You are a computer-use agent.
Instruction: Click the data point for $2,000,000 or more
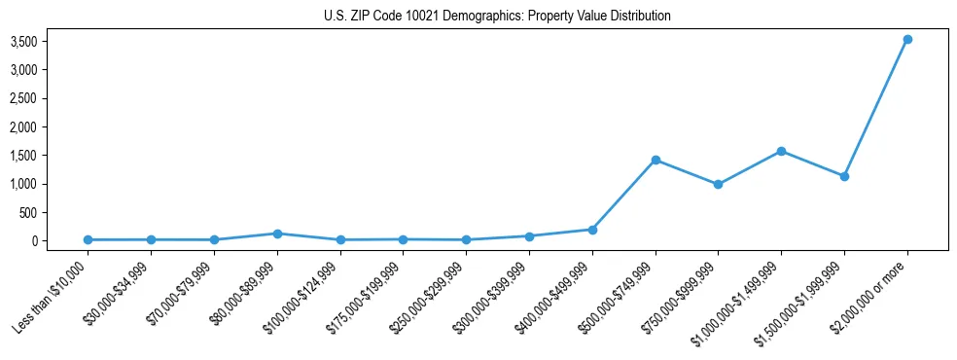(x=907, y=39)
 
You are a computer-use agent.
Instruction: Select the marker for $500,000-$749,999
(x=656, y=160)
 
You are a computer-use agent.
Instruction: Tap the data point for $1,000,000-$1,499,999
(x=781, y=151)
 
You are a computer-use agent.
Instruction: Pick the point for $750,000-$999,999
(x=718, y=184)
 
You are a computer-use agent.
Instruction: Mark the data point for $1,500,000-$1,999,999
(x=844, y=176)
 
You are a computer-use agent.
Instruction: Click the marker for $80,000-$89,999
(x=277, y=234)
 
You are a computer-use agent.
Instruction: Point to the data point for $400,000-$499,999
(x=592, y=230)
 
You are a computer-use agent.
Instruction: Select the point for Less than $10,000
(x=89, y=239)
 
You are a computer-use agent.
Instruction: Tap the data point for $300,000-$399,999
(x=529, y=236)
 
